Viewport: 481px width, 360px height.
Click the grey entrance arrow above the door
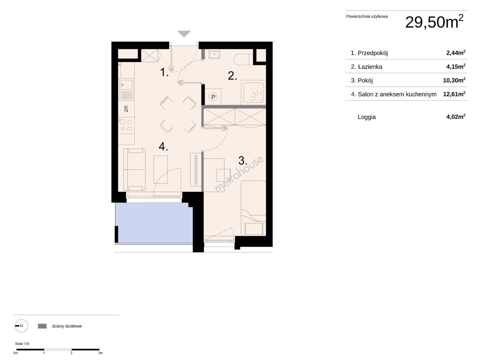click(184, 34)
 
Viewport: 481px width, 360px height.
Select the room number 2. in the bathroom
click(232, 76)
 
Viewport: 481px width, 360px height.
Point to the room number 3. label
click(243, 161)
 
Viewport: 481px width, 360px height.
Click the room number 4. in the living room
click(163, 146)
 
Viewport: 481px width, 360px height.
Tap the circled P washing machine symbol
click(213, 97)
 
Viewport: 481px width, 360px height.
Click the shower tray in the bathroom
click(253, 92)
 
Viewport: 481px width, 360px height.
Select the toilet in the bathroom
click(243, 59)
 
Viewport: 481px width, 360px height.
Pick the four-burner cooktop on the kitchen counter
click(126, 125)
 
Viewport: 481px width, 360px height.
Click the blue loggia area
click(154, 223)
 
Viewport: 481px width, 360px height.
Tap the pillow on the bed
click(254, 229)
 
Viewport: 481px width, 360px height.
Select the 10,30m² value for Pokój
click(454, 80)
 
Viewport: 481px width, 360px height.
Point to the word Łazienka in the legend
click(370, 67)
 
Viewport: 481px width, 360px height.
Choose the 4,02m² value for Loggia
click(456, 116)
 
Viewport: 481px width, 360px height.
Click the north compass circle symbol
click(21, 326)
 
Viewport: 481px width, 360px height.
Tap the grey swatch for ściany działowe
click(42, 326)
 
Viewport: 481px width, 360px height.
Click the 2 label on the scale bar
click(71, 353)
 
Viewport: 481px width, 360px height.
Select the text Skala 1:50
click(22, 344)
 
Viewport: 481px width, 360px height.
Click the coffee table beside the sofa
click(161, 169)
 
